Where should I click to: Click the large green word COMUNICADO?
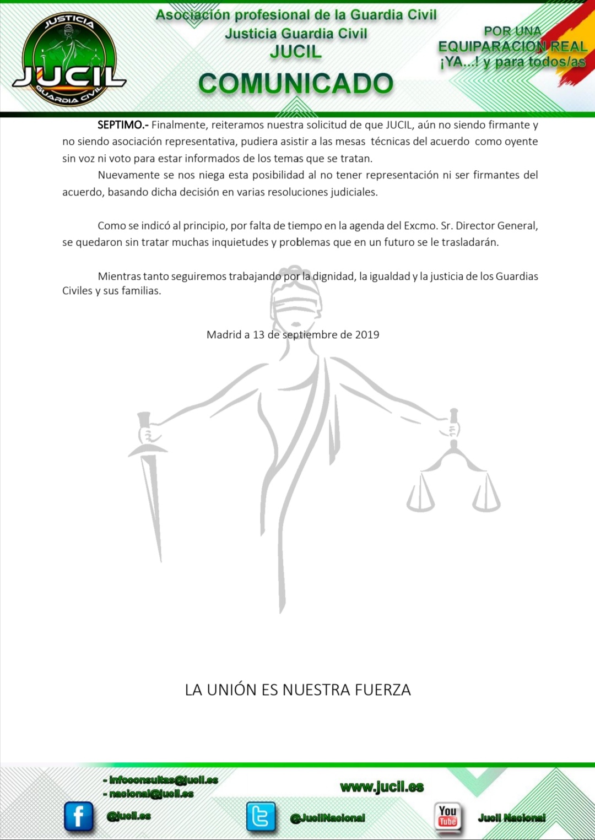click(x=296, y=84)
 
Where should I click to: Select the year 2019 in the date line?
click(x=367, y=335)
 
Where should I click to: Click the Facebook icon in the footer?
click(x=78, y=816)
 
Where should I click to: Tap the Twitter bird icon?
click(x=261, y=816)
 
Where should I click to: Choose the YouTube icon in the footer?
click(x=447, y=816)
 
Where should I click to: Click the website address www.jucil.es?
click(x=382, y=787)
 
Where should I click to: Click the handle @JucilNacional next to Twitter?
click(x=328, y=818)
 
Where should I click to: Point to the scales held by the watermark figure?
click(x=453, y=479)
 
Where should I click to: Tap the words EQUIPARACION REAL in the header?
click(x=512, y=47)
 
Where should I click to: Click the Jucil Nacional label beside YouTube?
click(x=512, y=818)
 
